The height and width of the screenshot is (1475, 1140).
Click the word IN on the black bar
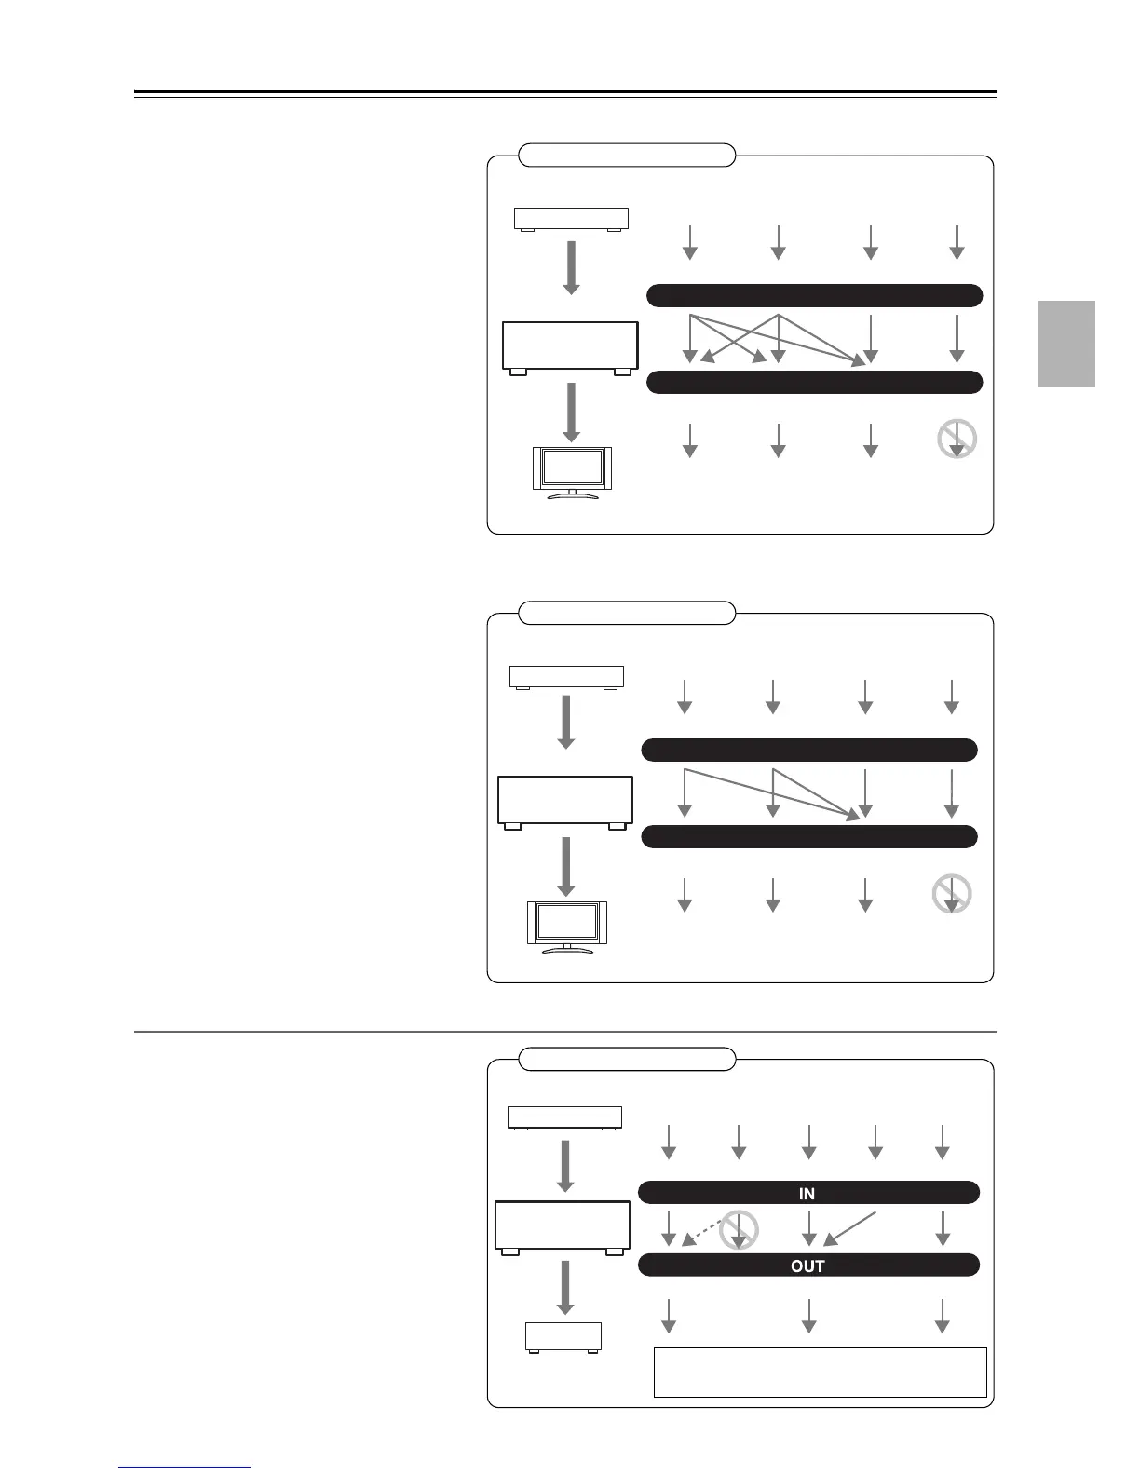[x=807, y=1193]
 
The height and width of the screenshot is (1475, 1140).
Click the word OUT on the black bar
[x=807, y=1265]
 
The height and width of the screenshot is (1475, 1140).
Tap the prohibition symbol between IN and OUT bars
[x=739, y=1229]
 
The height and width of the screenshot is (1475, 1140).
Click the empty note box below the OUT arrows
[x=820, y=1371]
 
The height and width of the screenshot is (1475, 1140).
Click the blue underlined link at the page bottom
[x=184, y=1468]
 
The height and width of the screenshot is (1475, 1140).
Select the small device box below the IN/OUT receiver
[x=563, y=1337]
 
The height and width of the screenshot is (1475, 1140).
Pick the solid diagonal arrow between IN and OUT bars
[x=851, y=1227]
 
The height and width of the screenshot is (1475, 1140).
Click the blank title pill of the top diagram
[x=626, y=155]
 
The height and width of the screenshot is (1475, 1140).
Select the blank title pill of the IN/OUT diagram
[x=626, y=1059]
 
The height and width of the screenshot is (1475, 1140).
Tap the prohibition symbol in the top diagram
[x=957, y=439]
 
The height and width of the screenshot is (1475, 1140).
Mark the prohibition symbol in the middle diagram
[x=951, y=894]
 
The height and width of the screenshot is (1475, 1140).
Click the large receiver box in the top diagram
[x=570, y=346]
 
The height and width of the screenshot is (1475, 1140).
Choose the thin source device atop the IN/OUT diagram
[x=564, y=1117]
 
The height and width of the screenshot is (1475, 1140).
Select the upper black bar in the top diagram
[x=814, y=296]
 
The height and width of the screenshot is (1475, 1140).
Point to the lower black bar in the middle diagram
[x=809, y=836]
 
